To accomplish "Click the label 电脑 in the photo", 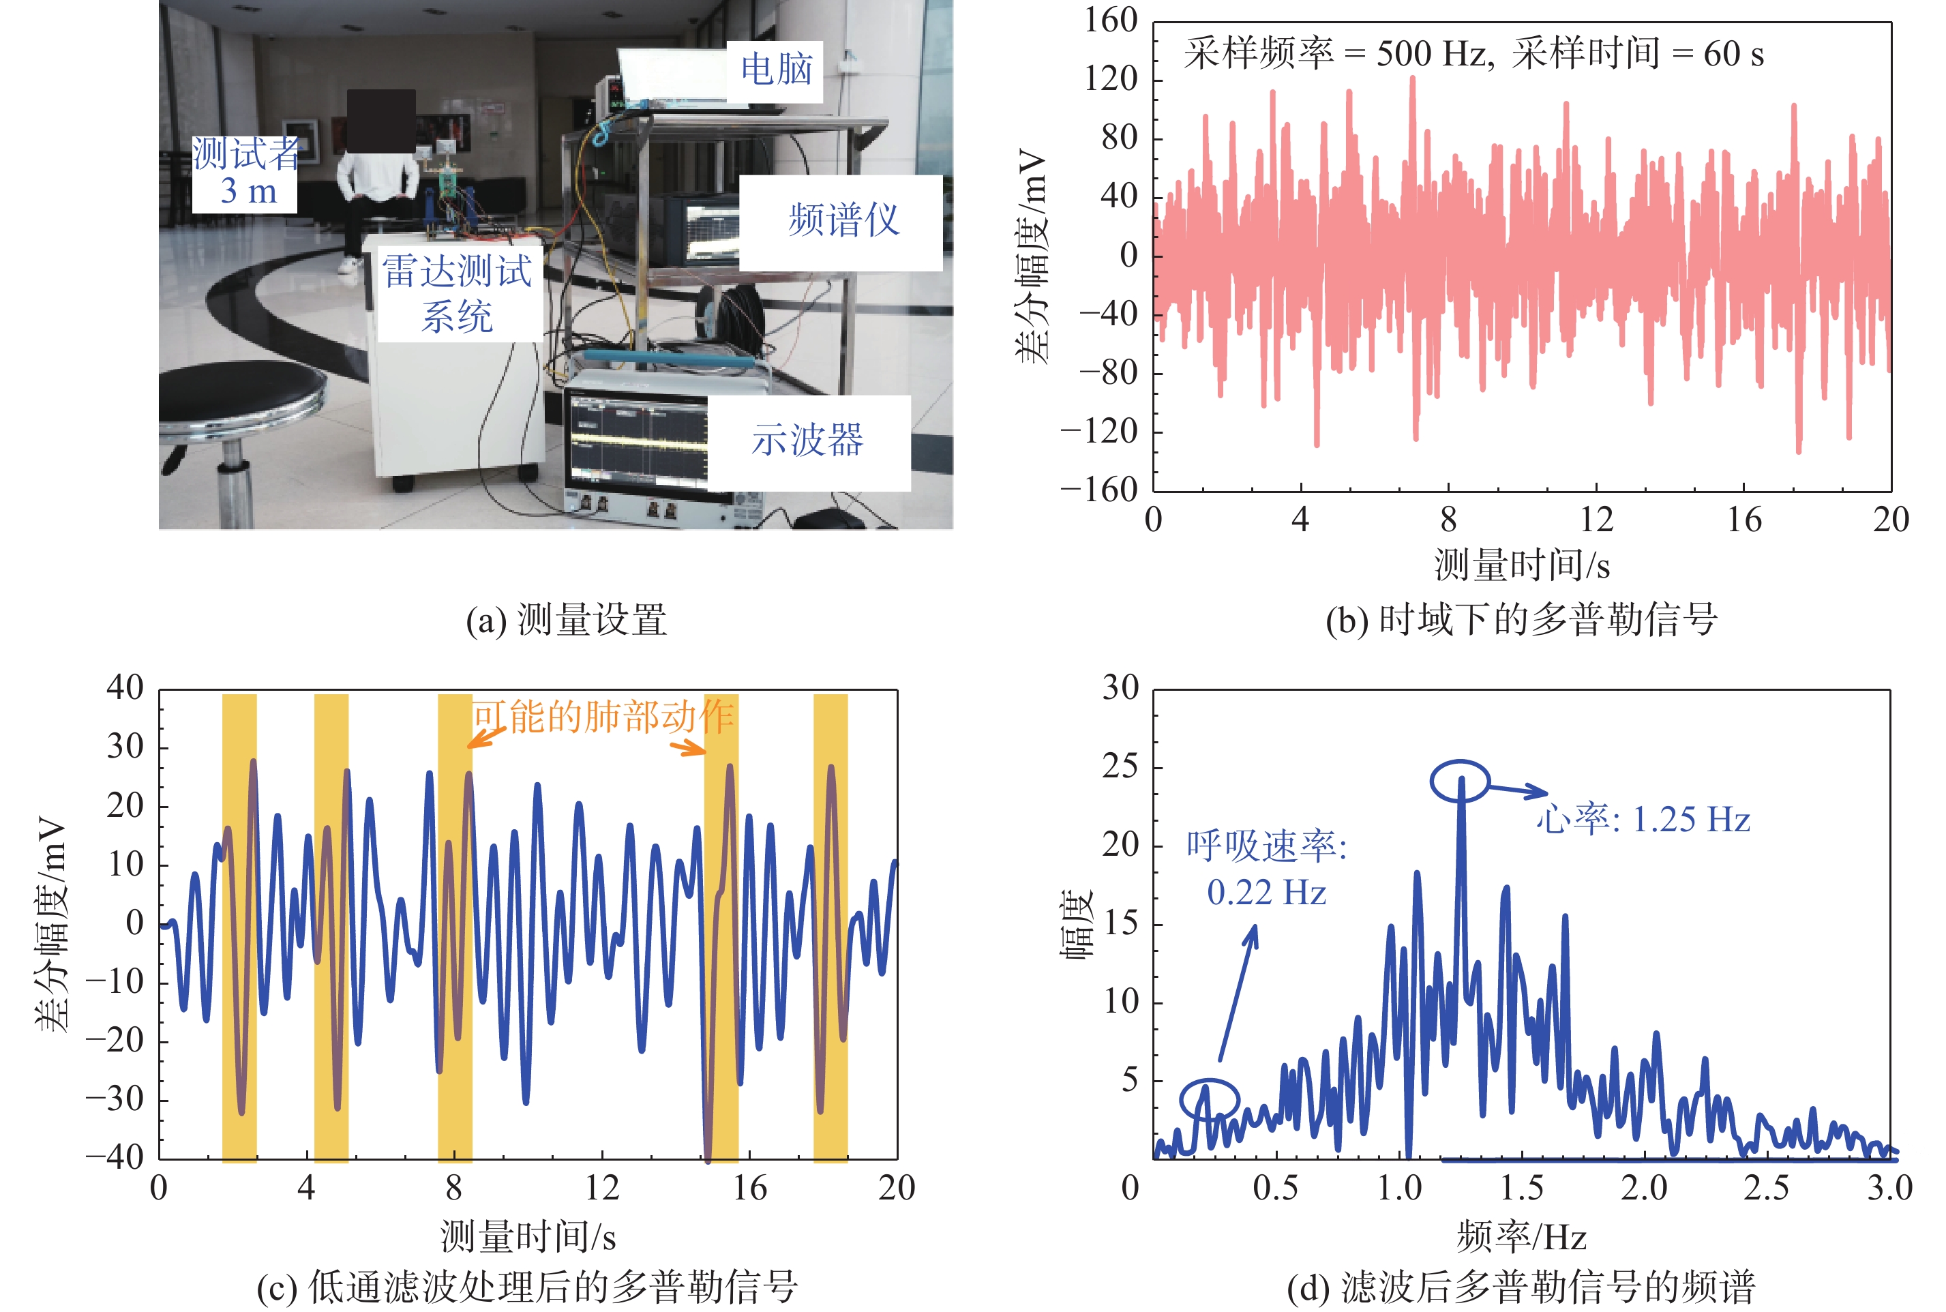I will click(x=775, y=70).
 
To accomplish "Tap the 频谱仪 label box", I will click(x=843, y=222).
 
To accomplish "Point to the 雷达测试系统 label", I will click(x=457, y=294).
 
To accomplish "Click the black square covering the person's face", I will click(x=380, y=121).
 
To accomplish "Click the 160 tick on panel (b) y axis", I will click(x=1110, y=20).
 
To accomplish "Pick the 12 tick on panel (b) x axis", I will click(x=1596, y=520).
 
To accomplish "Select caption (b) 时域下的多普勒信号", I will click(x=1521, y=620).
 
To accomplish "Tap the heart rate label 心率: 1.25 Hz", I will click(x=1643, y=820).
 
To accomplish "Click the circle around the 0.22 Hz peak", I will click(x=1209, y=1099).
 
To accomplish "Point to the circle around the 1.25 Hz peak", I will click(x=1460, y=781).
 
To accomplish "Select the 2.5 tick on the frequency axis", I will click(x=1766, y=1188).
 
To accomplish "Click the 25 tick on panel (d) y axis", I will click(x=1120, y=766).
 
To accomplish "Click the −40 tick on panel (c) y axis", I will click(x=115, y=1158).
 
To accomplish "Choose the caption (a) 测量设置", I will click(x=567, y=620).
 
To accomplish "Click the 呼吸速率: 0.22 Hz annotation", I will click(x=1266, y=869).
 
